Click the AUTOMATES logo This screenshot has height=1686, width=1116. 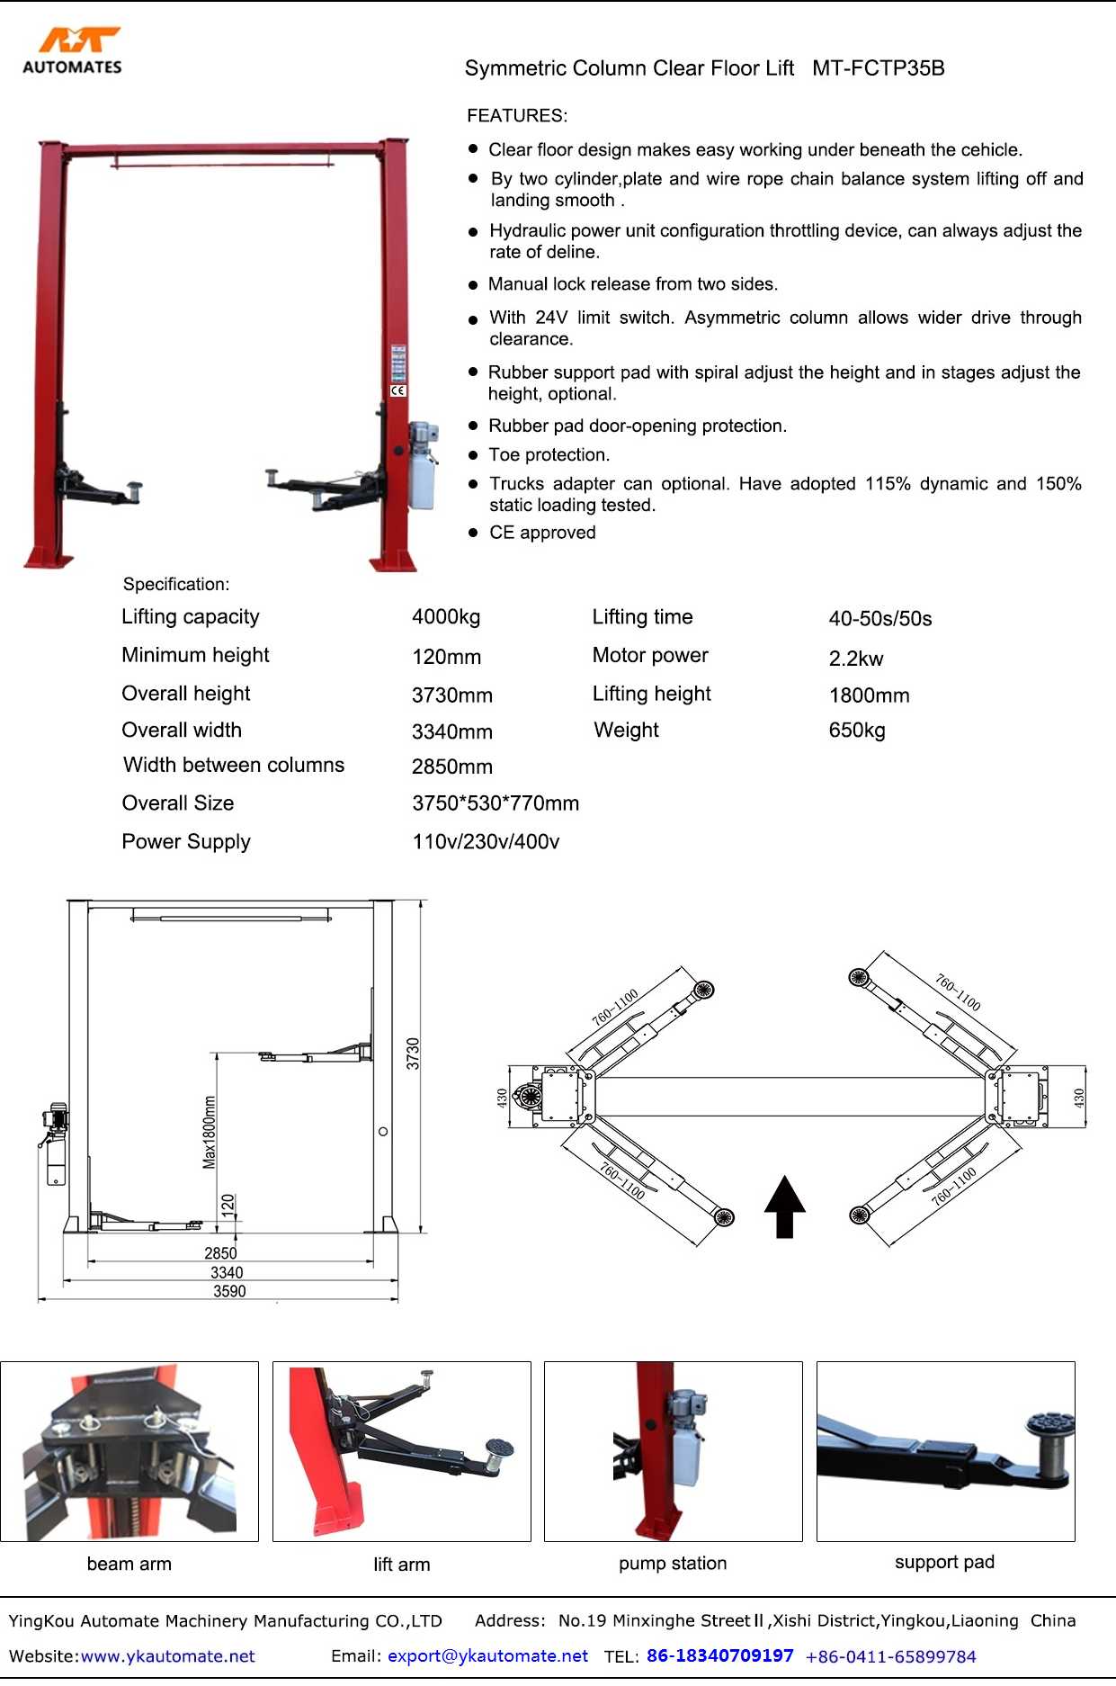[x=72, y=51]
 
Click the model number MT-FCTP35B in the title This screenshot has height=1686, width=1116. [x=878, y=68]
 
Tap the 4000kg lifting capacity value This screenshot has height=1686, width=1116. [x=446, y=617]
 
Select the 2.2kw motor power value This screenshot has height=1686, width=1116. [x=856, y=659]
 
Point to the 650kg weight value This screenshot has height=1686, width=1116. [x=857, y=731]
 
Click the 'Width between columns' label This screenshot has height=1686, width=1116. [x=234, y=766]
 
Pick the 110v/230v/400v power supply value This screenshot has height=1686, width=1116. [x=486, y=842]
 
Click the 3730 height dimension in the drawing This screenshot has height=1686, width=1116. [x=413, y=1054]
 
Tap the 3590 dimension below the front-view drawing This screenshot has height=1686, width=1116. [x=229, y=1292]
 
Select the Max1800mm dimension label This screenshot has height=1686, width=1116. [x=210, y=1132]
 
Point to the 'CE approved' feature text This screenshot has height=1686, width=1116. [x=542, y=533]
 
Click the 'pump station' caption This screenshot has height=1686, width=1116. [x=673, y=1564]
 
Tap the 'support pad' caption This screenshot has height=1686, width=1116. [x=944, y=1563]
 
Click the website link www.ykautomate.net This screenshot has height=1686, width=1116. [x=168, y=1656]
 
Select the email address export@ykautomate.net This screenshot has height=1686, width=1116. [x=487, y=1656]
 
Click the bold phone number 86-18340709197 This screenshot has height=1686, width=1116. [x=719, y=1656]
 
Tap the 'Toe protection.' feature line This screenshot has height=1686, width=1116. [x=549, y=455]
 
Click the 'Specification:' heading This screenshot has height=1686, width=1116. [x=176, y=585]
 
